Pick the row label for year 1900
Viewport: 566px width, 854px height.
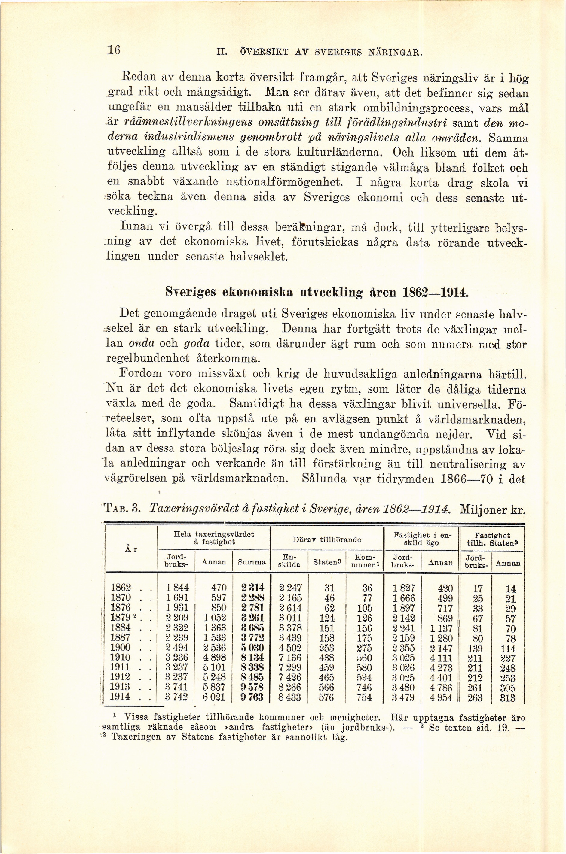tap(121, 648)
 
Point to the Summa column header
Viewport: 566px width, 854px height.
tap(252, 562)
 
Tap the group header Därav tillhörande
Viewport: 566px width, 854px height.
tap(327, 540)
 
